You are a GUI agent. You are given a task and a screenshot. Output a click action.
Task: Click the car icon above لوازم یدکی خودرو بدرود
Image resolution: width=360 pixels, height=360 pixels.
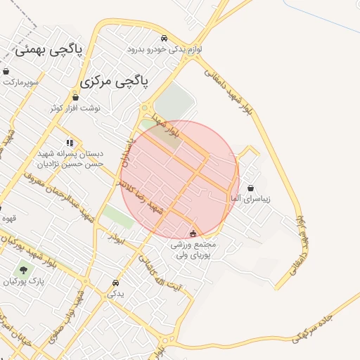point(164,39)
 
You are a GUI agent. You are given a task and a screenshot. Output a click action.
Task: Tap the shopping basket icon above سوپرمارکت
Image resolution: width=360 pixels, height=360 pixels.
point(6,72)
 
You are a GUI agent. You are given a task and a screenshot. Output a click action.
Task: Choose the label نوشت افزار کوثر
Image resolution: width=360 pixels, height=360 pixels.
point(75,108)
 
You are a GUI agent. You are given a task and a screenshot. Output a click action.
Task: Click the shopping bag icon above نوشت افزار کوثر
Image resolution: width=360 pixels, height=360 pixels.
point(75,97)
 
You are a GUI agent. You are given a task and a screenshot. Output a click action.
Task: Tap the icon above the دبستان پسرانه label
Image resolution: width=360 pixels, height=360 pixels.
point(70,142)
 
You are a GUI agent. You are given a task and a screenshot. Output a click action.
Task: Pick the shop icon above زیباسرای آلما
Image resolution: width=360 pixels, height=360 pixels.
point(252,188)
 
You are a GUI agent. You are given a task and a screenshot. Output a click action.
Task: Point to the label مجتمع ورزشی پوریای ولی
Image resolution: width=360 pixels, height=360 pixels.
point(194,250)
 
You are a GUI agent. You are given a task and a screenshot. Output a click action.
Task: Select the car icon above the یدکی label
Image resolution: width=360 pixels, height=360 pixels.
point(115,283)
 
